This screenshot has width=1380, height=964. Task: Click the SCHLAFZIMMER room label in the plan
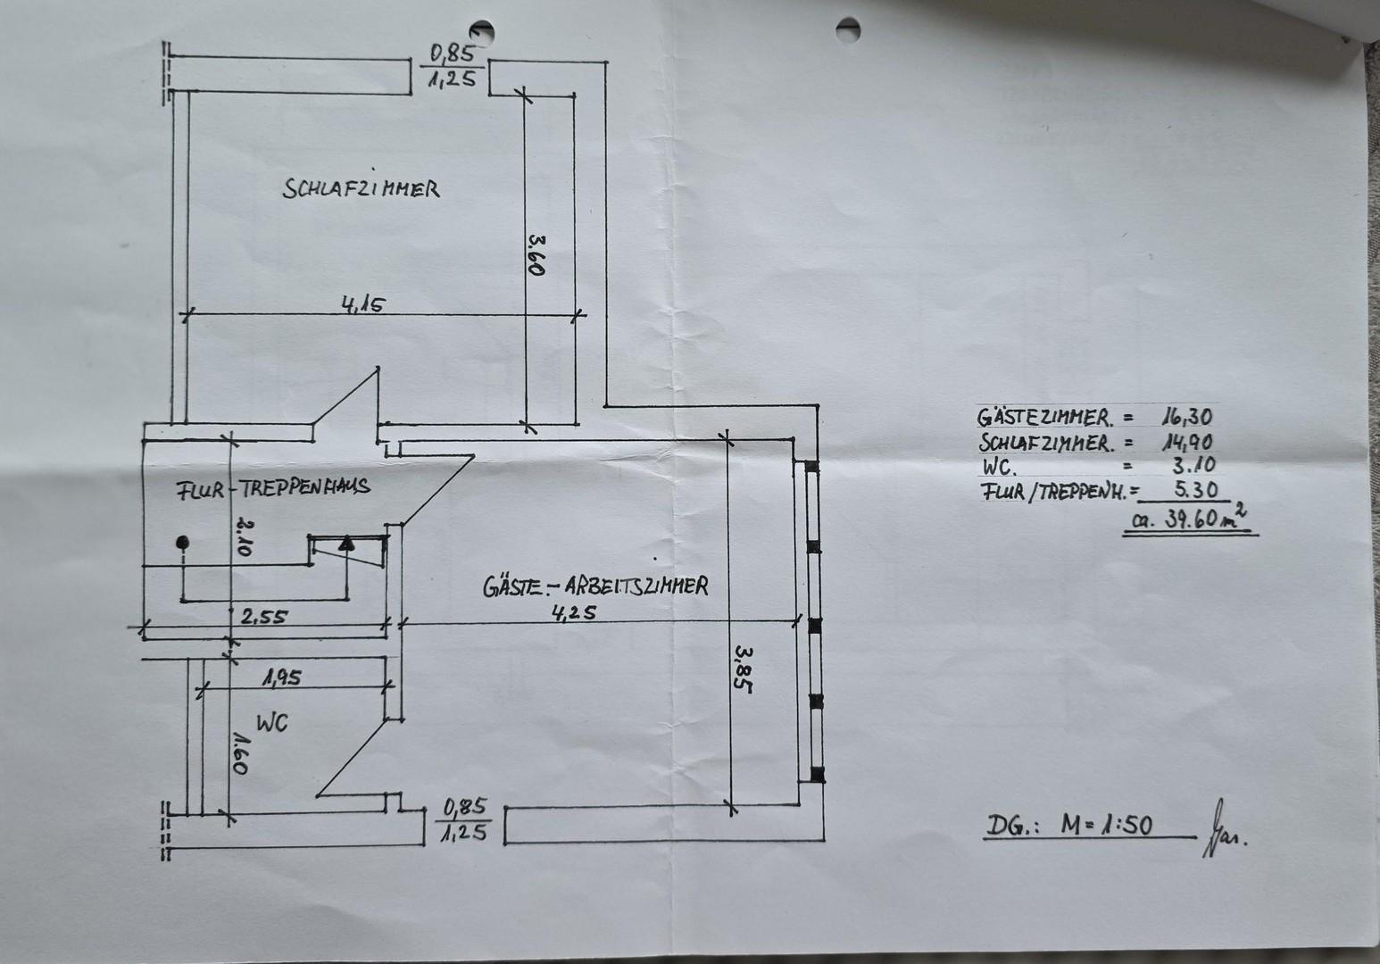click(x=362, y=187)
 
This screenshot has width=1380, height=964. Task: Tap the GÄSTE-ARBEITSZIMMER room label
click(x=595, y=586)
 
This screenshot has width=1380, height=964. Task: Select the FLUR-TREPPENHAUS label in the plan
click(x=273, y=488)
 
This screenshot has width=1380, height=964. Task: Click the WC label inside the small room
click(x=271, y=722)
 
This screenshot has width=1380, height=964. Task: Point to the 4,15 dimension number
click(x=363, y=303)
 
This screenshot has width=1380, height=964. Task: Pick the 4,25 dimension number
click(x=574, y=612)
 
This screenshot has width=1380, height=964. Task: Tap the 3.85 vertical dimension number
click(x=743, y=669)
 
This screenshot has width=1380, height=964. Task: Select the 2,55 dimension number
click(x=263, y=617)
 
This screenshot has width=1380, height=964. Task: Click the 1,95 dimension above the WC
click(x=282, y=677)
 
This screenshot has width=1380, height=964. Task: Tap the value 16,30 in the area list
click(x=1187, y=417)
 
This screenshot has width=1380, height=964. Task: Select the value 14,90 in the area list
click(x=1187, y=442)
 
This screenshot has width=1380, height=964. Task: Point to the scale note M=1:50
click(x=1107, y=825)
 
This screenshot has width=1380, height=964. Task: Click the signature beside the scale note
click(x=1224, y=828)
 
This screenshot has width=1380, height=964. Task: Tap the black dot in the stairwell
click(x=182, y=542)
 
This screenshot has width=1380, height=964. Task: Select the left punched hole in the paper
click(x=482, y=32)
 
